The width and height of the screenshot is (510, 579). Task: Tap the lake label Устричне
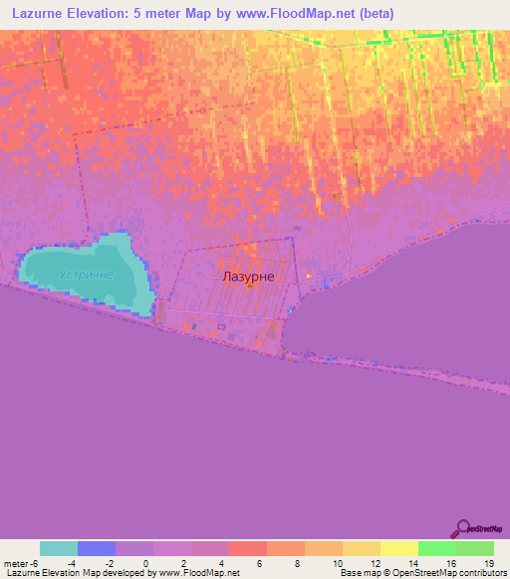pyautogui.click(x=86, y=275)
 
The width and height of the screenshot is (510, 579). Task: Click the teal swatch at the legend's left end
pyautogui.click(x=59, y=548)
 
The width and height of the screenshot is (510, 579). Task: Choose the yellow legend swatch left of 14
pyautogui.click(x=398, y=548)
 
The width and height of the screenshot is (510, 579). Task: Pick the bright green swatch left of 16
pyautogui.click(x=436, y=548)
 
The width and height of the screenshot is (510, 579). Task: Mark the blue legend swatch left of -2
pyautogui.click(x=97, y=548)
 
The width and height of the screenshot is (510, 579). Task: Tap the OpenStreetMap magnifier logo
pyautogui.click(x=462, y=528)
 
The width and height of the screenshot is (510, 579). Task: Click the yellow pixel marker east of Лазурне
pyautogui.click(x=308, y=276)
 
